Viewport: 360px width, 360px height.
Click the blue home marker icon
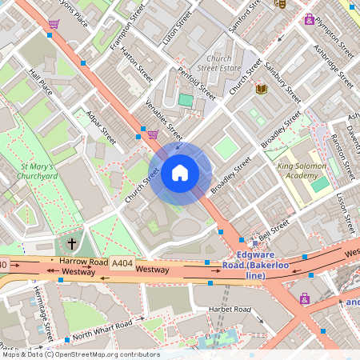180,172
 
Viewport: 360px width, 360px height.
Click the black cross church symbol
72,242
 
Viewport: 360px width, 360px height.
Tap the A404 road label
122,262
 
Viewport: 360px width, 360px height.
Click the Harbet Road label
230,310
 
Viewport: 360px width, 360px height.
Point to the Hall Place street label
40,81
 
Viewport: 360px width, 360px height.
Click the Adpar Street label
101,128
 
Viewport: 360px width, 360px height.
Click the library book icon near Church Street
261,89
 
